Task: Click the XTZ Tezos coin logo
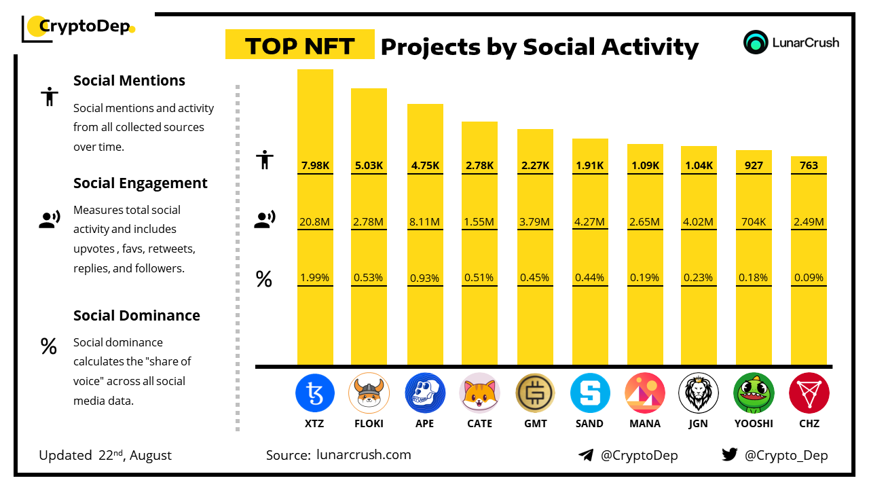315,393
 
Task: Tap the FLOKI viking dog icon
369,393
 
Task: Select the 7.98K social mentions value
315,165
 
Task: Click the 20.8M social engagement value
315,221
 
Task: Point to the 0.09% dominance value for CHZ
809,277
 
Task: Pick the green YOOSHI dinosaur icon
754,393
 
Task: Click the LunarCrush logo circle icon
756,42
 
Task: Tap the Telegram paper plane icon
586,455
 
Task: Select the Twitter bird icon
730,455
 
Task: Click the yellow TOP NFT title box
299,46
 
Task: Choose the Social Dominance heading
136,315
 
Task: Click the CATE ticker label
479,423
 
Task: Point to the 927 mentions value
754,165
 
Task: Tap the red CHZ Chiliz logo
809,393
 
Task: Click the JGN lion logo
699,393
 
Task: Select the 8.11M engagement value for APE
425,221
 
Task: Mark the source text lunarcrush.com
364,455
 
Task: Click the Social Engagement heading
141,183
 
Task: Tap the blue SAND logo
589,393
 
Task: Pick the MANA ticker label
644,423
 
